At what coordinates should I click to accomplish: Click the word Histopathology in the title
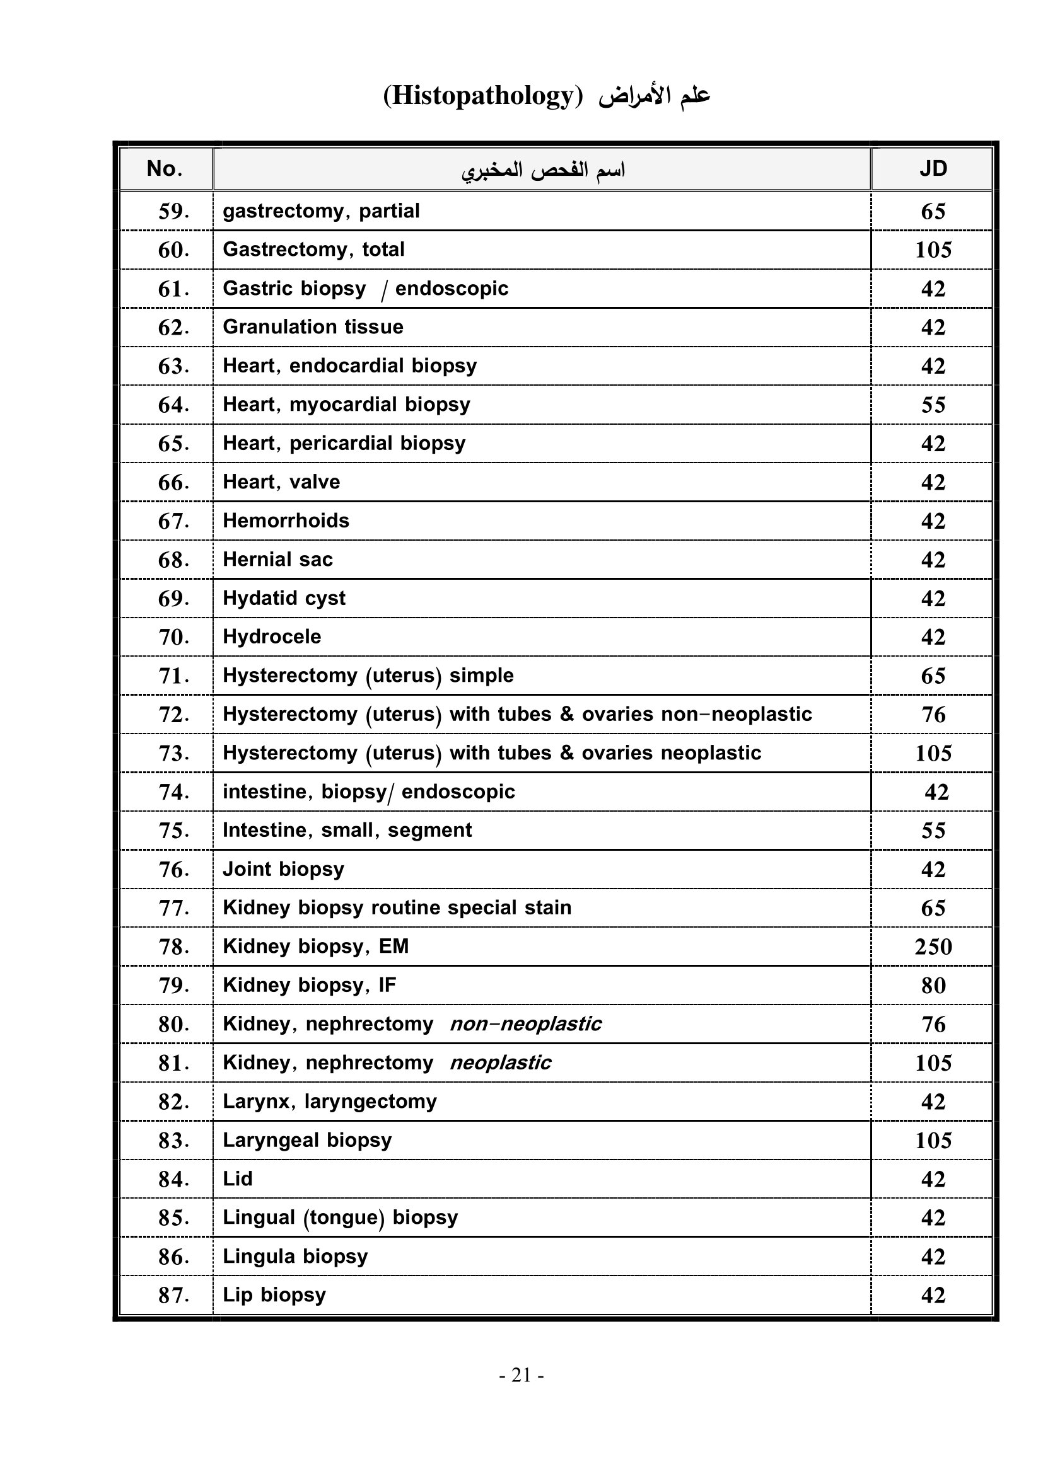click(x=482, y=96)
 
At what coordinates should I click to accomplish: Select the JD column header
click(x=933, y=169)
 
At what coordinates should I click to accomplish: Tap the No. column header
click(x=165, y=169)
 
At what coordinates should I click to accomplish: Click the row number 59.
click(x=173, y=211)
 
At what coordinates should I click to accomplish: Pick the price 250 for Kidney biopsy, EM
click(x=933, y=947)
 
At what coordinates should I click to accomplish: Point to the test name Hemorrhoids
click(x=286, y=521)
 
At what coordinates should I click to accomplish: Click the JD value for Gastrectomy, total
click(x=933, y=250)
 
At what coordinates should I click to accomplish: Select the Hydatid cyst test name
click(x=284, y=598)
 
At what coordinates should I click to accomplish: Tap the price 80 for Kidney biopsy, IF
click(x=933, y=986)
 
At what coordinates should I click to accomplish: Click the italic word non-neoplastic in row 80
click(x=525, y=1024)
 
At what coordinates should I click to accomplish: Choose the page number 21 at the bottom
click(x=521, y=1375)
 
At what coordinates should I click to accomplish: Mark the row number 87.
click(x=173, y=1295)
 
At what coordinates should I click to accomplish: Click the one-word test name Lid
click(x=238, y=1178)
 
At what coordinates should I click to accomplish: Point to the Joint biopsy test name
click(x=283, y=869)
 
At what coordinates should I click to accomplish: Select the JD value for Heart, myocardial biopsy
click(x=933, y=405)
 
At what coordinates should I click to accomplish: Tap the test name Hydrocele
click(x=272, y=637)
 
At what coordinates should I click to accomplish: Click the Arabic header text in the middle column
click(x=543, y=170)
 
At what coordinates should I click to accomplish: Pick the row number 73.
click(x=173, y=753)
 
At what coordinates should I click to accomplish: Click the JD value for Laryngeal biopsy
click(x=933, y=1140)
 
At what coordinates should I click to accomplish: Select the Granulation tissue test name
click(x=313, y=328)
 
